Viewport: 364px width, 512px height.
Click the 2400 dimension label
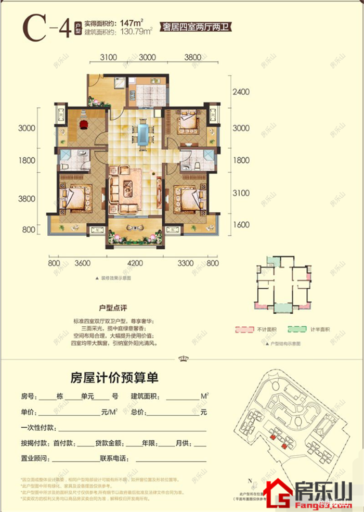point(242,92)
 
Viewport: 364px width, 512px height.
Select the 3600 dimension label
point(83,263)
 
